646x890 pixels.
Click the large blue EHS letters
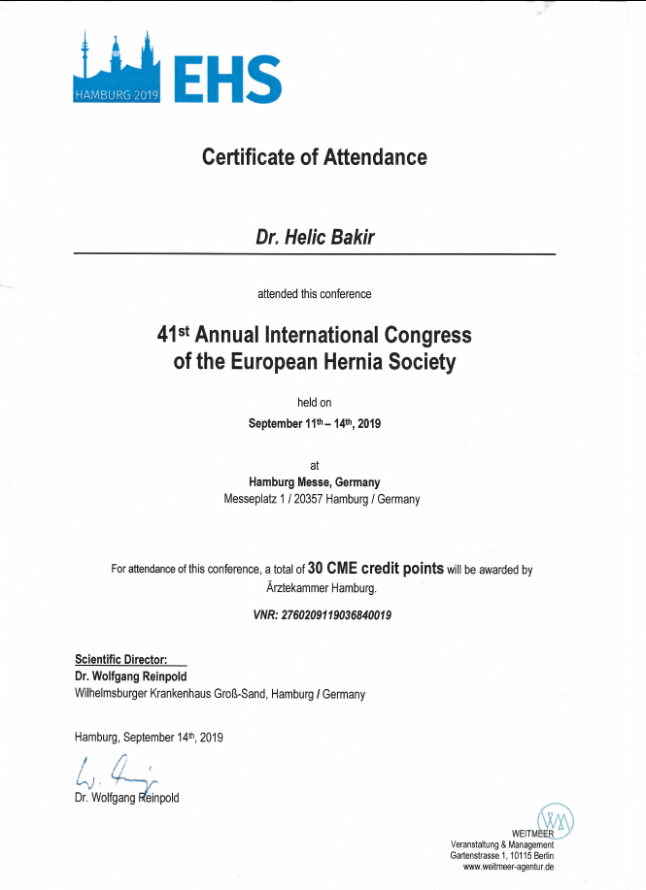227,79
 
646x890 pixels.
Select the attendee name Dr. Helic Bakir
314,236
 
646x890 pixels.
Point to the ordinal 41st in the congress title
173,335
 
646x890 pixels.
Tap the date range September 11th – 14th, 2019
314,423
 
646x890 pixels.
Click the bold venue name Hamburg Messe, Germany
314,482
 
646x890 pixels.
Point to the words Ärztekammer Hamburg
314,588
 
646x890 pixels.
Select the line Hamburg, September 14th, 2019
149,738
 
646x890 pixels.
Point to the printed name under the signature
126,798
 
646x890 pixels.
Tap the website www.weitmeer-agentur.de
508,867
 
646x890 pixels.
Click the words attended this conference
314,293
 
